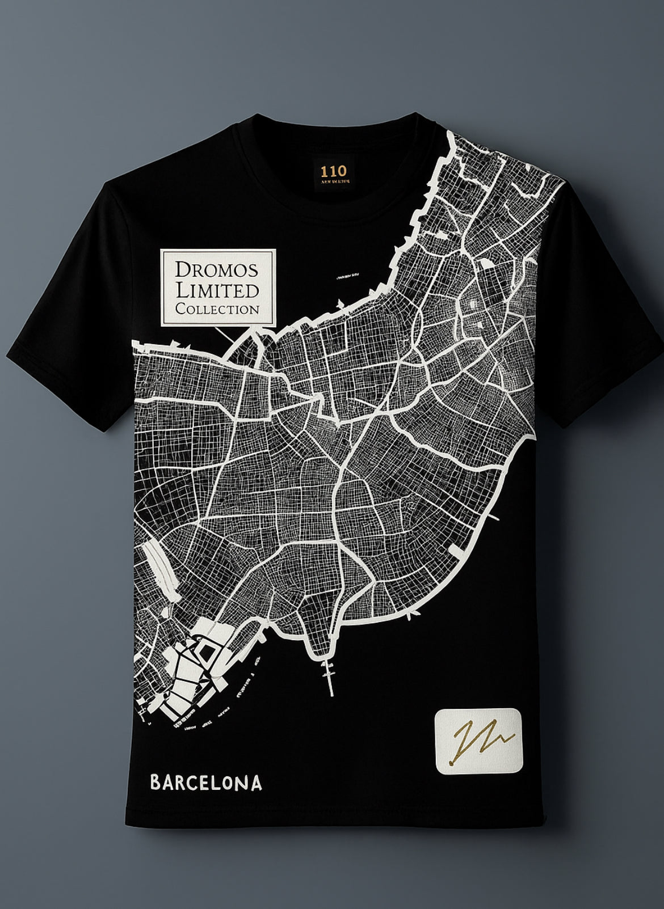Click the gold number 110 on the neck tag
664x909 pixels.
pos(331,170)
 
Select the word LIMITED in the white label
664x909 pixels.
pos(218,290)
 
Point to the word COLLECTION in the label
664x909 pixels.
pos(218,310)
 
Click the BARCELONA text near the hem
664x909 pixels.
pos(206,784)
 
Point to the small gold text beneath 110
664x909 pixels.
pos(331,181)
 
